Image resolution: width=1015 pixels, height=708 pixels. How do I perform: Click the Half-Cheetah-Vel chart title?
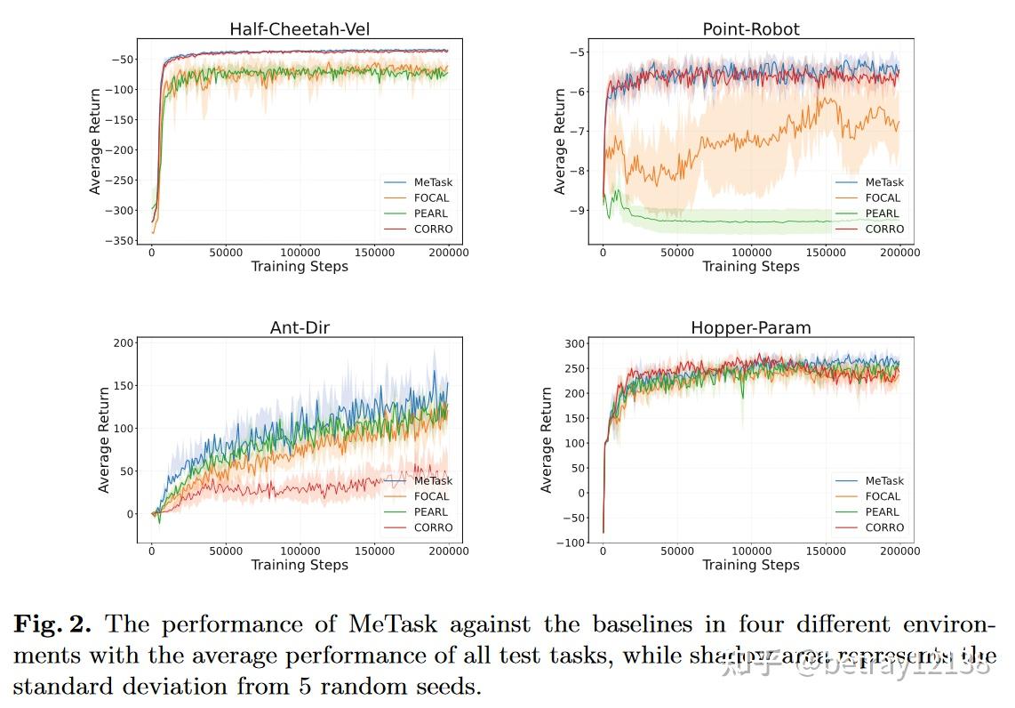coord(300,29)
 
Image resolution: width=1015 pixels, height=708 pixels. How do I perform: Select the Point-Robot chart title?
coord(751,29)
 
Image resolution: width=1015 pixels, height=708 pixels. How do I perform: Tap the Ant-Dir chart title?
coord(300,328)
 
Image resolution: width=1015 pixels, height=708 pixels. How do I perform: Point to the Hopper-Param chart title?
coord(751,328)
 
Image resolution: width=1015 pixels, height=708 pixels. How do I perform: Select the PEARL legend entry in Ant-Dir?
coord(431,511)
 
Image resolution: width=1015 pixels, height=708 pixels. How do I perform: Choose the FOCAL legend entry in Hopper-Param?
coord(883,496)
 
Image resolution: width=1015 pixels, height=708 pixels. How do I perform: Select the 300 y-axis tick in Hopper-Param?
coord(574,344)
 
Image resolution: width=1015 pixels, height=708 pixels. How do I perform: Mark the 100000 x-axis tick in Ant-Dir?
coord(300,551)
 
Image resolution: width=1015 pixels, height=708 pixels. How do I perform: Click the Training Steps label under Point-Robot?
coord(751,267)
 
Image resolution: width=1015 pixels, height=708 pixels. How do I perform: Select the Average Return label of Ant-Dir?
coord(104,440)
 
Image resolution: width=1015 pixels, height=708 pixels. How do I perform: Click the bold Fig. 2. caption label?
coord(52,624)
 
